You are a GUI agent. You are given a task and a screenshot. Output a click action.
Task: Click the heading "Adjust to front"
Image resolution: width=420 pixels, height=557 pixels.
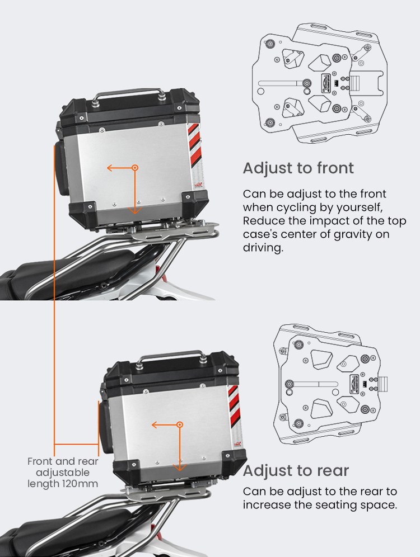pos(298,168)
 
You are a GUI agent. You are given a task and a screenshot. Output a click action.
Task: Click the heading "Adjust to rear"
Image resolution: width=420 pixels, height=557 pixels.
pos(296,471)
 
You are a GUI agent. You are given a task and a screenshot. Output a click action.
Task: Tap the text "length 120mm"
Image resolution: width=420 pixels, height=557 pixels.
pos(63,484)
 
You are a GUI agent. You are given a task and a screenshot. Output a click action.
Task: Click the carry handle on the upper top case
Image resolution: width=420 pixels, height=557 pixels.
pos(129,93)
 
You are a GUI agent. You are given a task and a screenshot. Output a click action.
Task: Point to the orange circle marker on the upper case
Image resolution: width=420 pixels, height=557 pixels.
pos(135,168)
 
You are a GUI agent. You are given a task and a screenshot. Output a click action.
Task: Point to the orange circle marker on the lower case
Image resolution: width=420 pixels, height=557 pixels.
pos(180,424)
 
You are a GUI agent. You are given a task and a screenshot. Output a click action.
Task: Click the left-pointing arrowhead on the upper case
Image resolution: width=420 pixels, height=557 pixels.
pos(110,168)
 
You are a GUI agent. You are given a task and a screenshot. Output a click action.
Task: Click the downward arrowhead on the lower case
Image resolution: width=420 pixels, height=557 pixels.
pos(180,467)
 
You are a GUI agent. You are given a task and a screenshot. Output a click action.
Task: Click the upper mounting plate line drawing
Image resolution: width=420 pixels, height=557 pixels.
pos(320,83)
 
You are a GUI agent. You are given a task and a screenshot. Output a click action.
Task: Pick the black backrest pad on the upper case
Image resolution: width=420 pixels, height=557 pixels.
pos(60,169)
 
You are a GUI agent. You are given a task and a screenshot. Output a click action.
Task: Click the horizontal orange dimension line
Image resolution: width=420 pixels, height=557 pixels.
pos(77,444)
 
